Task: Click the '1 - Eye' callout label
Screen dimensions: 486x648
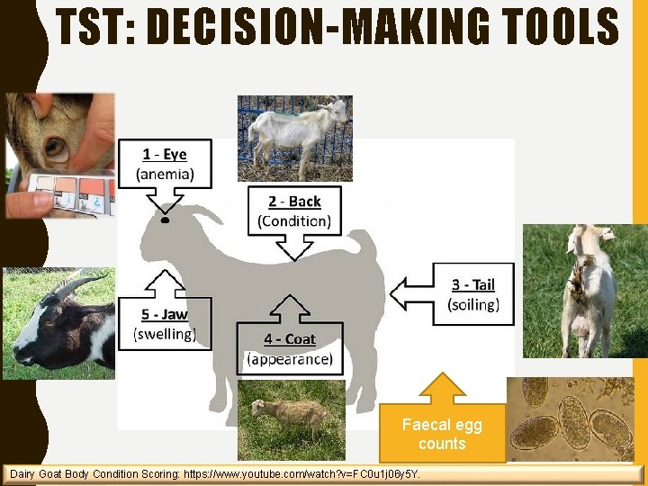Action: tap(164, 155)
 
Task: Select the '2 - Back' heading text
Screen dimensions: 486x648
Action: tap(293, 202)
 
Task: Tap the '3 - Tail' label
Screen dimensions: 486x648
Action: tap(473, 284)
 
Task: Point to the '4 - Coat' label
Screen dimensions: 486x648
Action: tap(290, 339)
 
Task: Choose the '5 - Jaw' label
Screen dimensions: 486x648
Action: tap(164, 314)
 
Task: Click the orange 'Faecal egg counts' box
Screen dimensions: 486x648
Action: tap(442, 434)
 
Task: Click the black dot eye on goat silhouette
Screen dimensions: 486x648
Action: tap(165, 219)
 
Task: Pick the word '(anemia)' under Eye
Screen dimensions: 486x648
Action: tap(164, 174)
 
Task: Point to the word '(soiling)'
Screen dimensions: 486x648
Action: tap(473, 304)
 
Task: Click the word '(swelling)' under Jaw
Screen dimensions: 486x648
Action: tap(164, 334)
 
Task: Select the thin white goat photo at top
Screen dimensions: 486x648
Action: tap(294, 137)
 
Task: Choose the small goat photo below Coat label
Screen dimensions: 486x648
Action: tap(291, 418)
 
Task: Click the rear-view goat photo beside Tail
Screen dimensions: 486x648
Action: tap(583, 288)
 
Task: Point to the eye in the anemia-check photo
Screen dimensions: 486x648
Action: tap(56, 147)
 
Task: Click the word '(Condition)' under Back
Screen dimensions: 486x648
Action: tap(293, 220)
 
